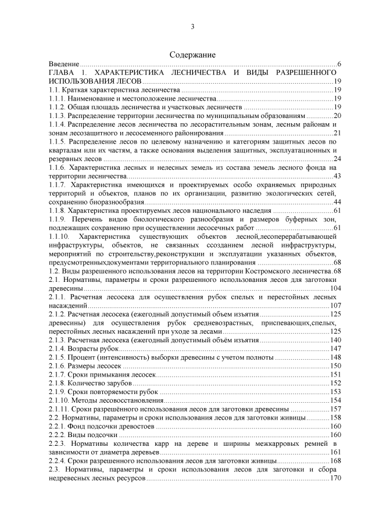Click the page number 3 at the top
pos(192,27)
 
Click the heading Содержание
pos(192,54)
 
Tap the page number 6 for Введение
pos(338,63)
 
